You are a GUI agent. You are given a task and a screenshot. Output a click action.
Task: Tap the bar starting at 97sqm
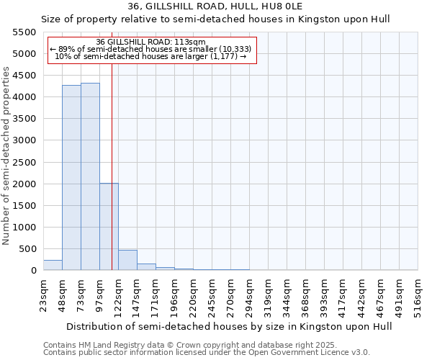(109, 227)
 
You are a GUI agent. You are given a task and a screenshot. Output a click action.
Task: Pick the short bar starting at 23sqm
(53, 265)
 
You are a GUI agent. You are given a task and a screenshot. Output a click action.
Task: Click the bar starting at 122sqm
(127, 260)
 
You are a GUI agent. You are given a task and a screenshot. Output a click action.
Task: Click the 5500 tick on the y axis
(24, 32)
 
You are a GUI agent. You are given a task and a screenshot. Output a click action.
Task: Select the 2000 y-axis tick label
(24, 184)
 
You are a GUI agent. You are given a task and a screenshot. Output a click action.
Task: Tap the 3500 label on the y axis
(24, 119)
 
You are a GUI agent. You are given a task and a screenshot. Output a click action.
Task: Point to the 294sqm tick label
(249, 295)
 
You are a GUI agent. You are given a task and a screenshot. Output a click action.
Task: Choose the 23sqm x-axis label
(43, 295)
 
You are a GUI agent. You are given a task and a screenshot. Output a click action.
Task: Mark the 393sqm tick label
(324, 295)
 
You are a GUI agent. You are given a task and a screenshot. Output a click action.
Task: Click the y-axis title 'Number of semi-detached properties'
(7, 156)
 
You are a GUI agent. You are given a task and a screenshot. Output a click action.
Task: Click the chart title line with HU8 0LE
(215, 6)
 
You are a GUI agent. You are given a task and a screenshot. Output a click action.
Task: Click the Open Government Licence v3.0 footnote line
(207, 353)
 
